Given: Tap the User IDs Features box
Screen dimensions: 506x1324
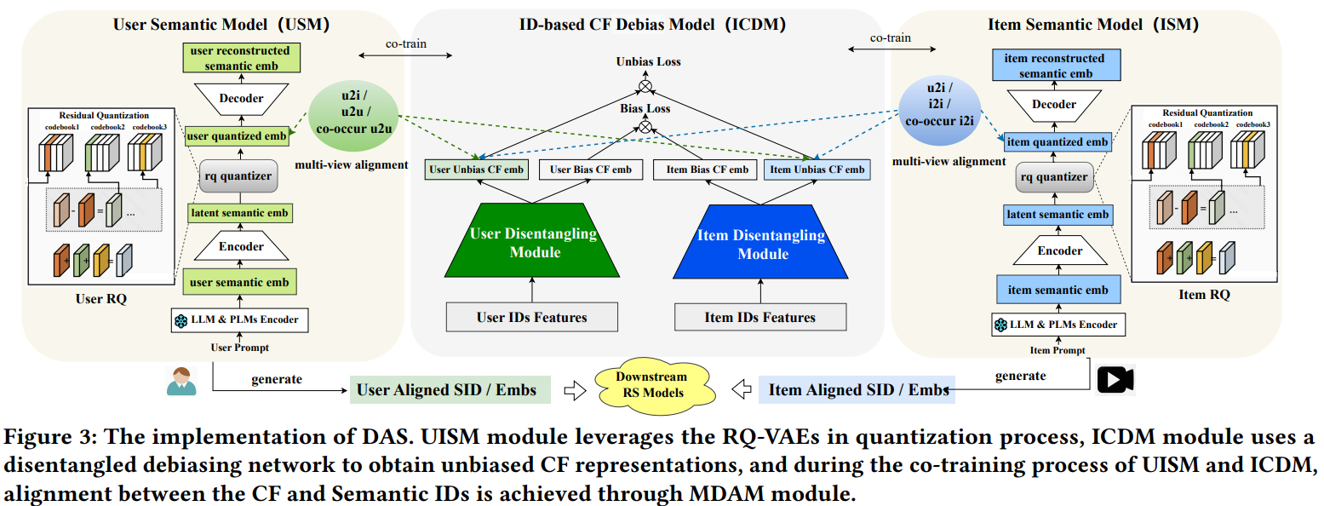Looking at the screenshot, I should [532, 318].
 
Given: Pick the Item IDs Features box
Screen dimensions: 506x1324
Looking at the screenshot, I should [760, 318].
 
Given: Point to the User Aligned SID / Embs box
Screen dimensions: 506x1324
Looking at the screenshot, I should [450, 390].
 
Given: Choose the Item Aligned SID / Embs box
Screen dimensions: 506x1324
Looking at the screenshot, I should [857, 390].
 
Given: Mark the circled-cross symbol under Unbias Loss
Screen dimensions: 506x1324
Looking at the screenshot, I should [646, 86].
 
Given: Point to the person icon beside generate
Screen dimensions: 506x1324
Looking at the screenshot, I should [181, 380].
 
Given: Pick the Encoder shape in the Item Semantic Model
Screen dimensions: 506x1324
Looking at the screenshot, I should [1059, 251].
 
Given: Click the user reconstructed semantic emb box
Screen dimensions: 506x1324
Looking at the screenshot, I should [238, 58].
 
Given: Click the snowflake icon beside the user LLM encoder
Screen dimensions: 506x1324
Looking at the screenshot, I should [180, 320].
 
